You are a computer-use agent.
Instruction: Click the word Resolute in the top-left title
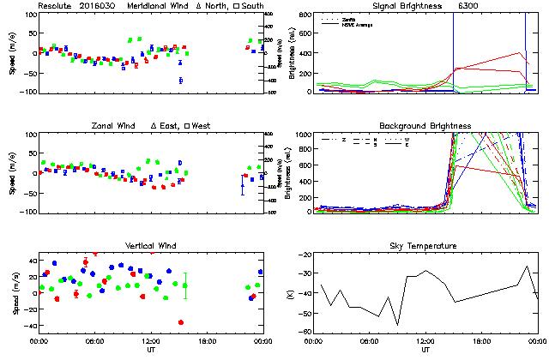[x=53, y=6]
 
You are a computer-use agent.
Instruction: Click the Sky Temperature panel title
[x=426, y=246]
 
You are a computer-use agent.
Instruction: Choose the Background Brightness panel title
[x=426, y=126]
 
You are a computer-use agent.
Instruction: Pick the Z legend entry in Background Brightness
[x=343, y=139]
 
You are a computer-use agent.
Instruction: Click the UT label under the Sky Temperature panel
[x=426, y=351]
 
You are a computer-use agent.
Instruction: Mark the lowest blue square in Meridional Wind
[x=181, y=81]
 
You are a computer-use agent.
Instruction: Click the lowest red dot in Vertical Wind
[x=181, y=322]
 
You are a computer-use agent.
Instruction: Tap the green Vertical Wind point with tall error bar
[x=185, y=285]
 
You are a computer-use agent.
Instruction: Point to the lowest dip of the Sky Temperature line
[x=398, y=325]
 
